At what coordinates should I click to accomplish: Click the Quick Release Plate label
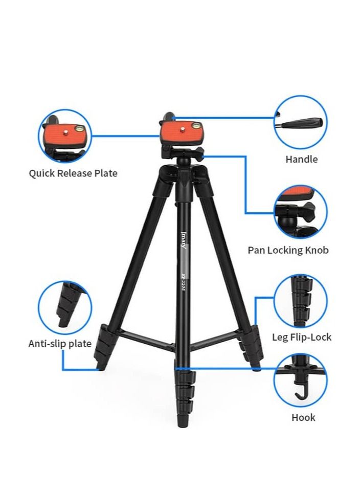click(73, 173)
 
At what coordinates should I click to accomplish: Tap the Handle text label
click(301, 159)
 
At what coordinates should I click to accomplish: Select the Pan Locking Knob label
click(288, 250)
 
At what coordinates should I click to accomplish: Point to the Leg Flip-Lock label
click(301, 337)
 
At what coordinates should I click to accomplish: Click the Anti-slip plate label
click(60, 343)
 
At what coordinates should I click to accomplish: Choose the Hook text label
click(303, 417)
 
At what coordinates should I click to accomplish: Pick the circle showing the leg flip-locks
click(301, 301)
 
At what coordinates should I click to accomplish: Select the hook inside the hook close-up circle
click(300, 393)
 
